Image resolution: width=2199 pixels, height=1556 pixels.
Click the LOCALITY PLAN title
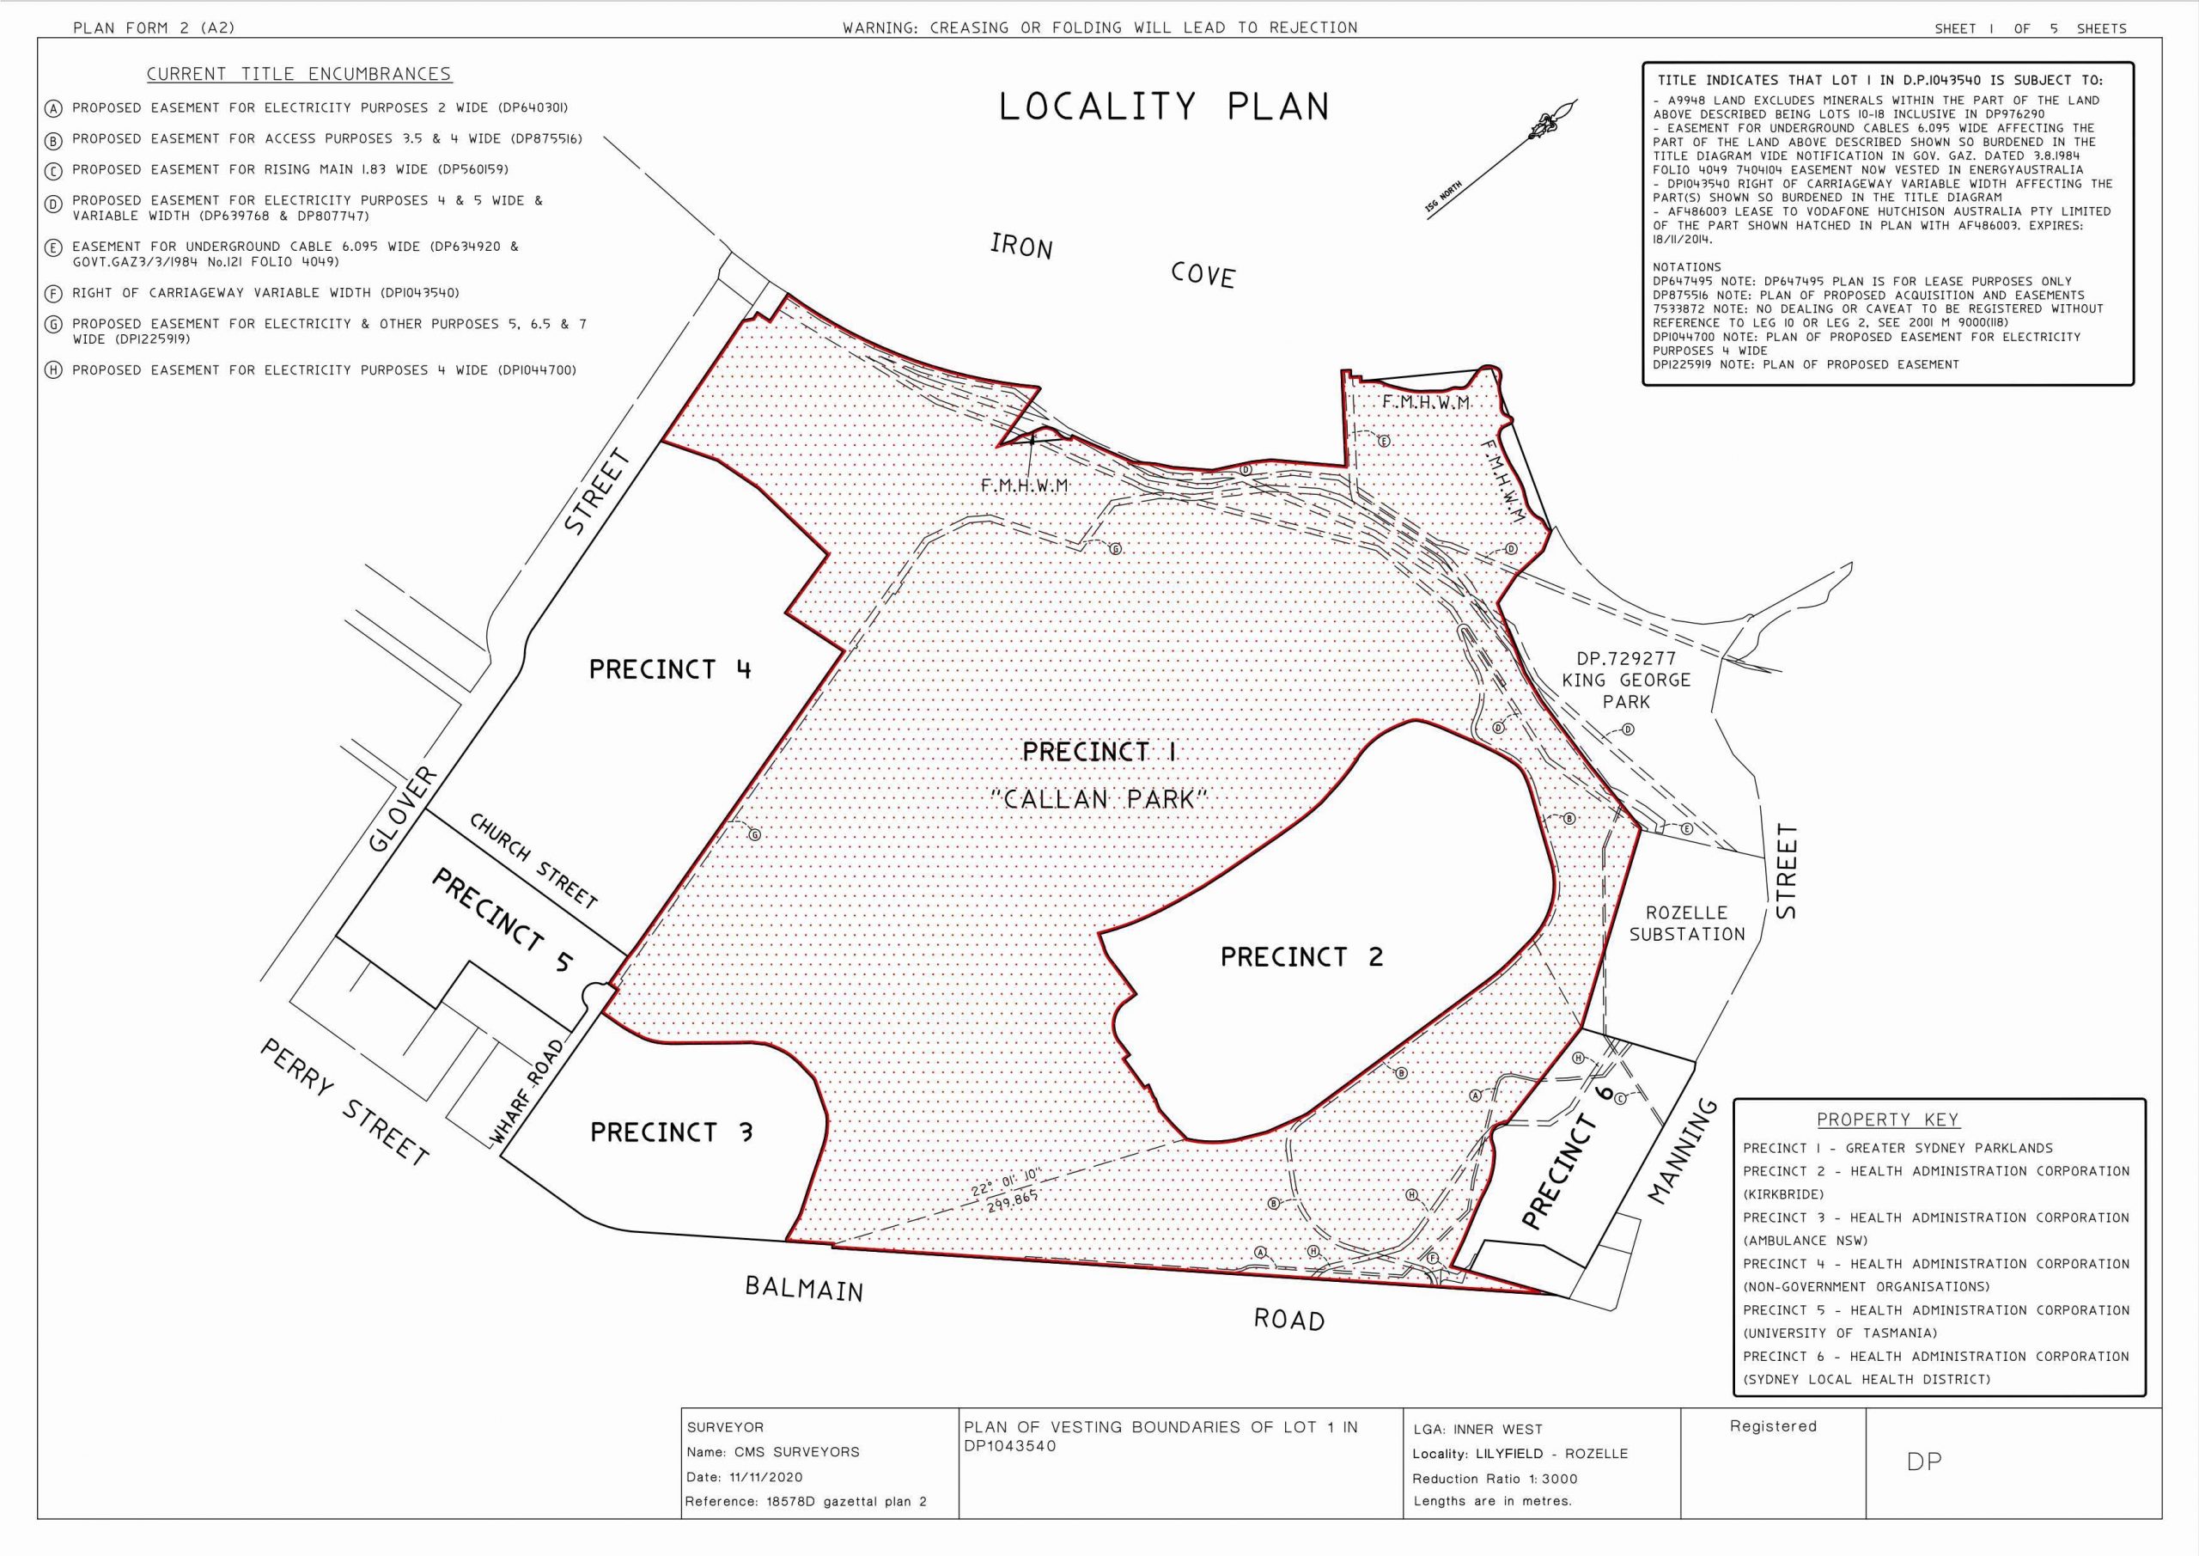[1164, 107]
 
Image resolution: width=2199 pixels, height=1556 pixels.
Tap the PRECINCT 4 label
[669, 668]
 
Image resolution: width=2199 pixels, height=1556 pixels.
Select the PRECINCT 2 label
[1301, 956]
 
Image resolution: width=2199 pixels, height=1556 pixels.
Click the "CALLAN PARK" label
[1099, 799]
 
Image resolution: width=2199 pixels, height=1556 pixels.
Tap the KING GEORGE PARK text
[1626, 680]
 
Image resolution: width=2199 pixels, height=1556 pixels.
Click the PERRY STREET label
[344, 1103]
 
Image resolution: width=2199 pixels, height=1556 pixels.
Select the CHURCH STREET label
[533, 860]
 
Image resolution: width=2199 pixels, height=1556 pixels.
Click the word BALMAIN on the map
[803, 1289]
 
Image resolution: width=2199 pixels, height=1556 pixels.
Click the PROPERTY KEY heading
[1887, 1119]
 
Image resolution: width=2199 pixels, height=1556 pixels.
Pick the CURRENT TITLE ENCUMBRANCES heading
[299, 75]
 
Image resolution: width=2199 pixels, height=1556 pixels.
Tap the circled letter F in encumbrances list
[53, 294]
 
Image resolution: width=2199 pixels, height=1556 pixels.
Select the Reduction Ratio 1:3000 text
[1492, 1479]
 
